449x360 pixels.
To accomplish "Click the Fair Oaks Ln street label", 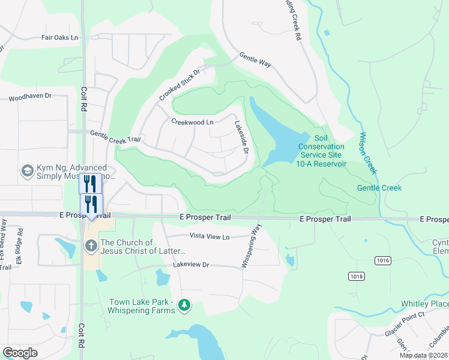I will point(60,37).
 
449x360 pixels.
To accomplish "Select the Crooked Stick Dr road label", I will point(179,85).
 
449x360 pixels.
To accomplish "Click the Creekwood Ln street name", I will point(192,122).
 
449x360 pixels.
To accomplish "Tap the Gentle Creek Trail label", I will point(115,137).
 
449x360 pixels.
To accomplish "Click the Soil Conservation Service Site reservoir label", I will point(322,151).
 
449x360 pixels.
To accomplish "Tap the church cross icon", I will point(91,245).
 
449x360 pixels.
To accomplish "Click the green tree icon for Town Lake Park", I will point(184,307).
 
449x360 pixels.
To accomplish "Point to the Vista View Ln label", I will point(209,237).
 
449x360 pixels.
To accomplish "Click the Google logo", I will point(20,352).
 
